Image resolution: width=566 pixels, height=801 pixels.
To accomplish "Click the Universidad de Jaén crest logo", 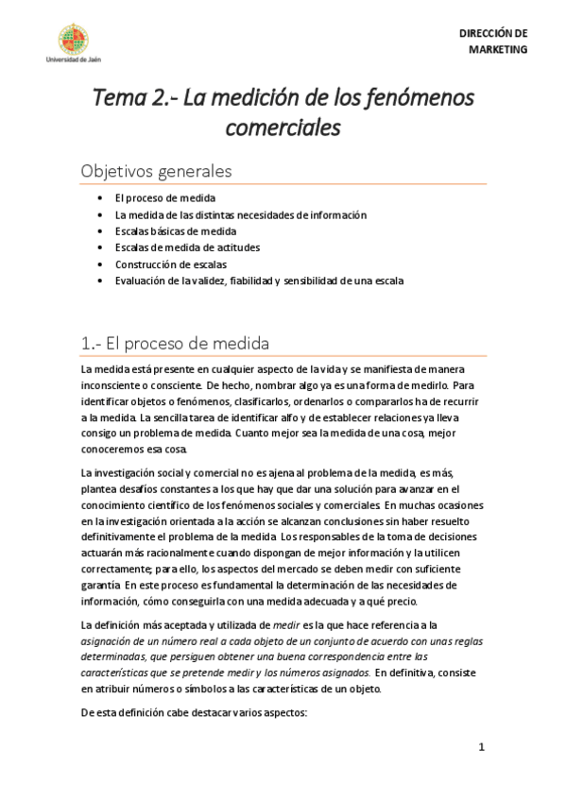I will click(74, 39).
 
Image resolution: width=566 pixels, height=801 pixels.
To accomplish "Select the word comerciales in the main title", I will click(283, 125).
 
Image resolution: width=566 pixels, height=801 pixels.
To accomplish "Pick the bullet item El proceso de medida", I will click(164, 198).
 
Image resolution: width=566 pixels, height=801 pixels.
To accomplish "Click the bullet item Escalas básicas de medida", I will click(175, 231).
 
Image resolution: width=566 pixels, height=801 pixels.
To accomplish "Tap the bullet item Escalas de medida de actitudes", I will click(187, 247).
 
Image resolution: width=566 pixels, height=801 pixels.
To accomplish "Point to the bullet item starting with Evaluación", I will click(259, 281).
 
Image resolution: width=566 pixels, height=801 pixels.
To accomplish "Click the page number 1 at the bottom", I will click(480, 748).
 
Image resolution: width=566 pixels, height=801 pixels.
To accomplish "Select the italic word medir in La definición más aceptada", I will click(286, 624).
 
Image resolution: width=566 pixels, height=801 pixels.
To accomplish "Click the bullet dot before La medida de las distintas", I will click(100, 215).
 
